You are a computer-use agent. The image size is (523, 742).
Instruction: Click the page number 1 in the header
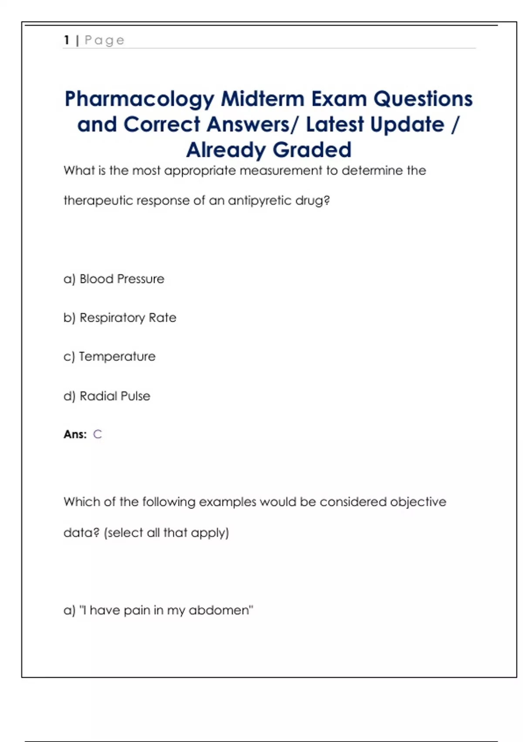[67, 40]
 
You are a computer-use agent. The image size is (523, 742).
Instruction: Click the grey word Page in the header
[105, 41]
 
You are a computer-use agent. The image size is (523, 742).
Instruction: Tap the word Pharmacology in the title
[139, 99]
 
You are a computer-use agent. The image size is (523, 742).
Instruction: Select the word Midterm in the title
[263, 99]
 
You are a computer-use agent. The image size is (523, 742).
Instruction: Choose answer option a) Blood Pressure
[114, 279]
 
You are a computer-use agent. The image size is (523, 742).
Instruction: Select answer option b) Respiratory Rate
[120, 318]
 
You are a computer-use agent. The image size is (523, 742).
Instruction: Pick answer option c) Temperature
[109, 357]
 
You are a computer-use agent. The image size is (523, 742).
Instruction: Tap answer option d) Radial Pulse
[107, 396]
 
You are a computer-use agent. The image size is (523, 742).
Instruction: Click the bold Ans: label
[75, 434]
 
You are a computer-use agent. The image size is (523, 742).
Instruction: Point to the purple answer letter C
[97, 434]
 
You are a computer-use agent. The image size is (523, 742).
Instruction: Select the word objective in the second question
[418, 502]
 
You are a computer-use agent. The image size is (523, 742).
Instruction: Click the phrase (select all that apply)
[166, 533]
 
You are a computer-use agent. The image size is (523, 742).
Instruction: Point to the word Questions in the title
[423, 99]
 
